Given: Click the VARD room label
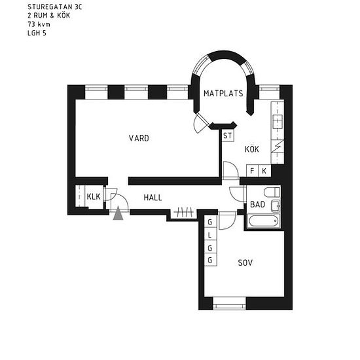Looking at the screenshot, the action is tap(139, 138).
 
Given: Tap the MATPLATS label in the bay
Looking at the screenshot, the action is tap(223, 94).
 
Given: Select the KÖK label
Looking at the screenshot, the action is tap(252, 149).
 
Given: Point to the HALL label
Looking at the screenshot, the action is tap(153, 198).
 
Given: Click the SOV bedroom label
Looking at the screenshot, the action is tap(245, 262).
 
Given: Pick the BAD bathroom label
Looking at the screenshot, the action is tap(258, 204).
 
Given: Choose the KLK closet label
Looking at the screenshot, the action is tap(94, 196).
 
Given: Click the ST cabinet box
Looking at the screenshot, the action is tap(228, 135).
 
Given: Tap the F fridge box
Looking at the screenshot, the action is tap(252, 171).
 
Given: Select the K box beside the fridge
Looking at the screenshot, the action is tap(264, 171).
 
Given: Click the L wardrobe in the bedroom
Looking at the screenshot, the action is tap(211, 234).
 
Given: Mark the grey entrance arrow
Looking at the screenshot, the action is tap(118, 213).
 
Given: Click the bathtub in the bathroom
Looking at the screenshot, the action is tap(264, 221).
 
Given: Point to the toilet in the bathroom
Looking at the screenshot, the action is tap(272, 192).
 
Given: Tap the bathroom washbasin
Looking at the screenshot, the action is tap(276, 206).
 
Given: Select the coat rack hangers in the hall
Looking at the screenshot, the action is tap(184, 212).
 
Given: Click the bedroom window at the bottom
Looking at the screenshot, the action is tap(229, 304).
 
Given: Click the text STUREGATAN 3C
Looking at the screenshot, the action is tap(54, 7).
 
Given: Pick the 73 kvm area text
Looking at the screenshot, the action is tap(39, 24).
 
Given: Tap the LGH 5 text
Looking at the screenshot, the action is tap(37, 33).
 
